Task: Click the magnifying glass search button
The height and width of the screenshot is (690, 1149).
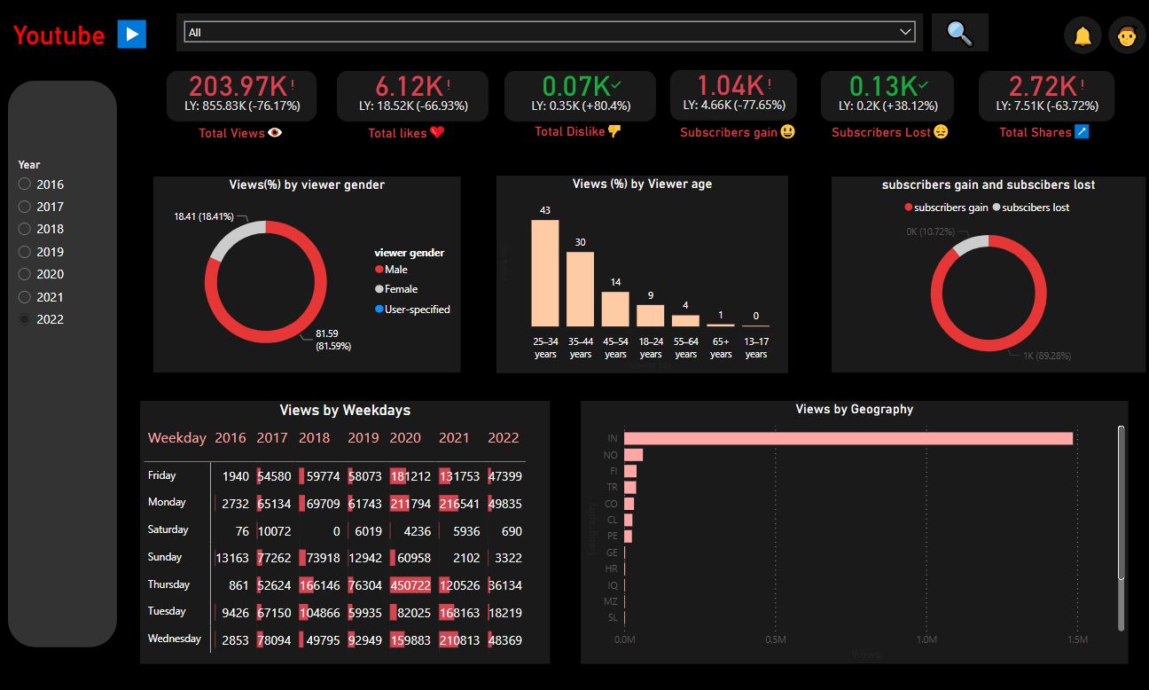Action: tap(959, 34)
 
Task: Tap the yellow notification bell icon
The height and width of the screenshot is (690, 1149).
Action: tap(1083, 36)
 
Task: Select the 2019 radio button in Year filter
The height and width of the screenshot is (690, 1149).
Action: tap(25, 252)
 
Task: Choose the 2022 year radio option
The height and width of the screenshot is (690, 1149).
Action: tap(25, 319)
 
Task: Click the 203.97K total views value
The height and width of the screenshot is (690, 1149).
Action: tap(238, 86)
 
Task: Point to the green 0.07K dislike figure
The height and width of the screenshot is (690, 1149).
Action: tap(575, 86)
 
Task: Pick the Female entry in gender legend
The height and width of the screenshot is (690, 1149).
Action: tap(400, 289)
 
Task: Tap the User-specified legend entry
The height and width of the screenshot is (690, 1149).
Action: tap(417, 310)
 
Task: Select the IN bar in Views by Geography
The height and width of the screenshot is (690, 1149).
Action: tap(848, 438)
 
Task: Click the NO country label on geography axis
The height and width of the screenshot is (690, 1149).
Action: tap(611, 455)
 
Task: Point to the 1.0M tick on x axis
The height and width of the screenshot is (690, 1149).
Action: tap(926, 639)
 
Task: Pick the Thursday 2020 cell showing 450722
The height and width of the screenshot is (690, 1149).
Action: tap(410, 585)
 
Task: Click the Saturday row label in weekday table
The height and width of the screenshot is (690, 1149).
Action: tap(168, 529)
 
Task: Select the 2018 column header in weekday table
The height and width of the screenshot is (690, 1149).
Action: tap(314, 437)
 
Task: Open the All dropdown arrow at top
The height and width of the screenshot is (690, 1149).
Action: tap(905, 32)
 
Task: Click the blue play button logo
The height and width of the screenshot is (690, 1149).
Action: tap(131, 35)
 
